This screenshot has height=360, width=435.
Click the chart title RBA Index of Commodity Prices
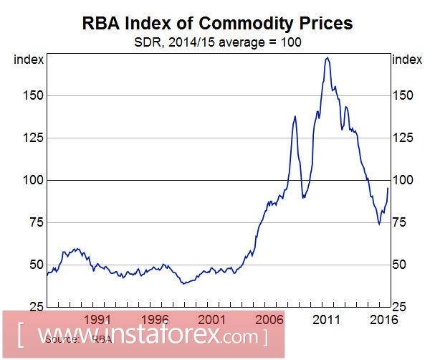click(217, 23)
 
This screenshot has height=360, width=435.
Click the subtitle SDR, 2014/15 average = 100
click(217, 42)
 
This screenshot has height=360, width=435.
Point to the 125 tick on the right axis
click(403, 138)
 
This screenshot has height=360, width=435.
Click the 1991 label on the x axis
click(97, 318)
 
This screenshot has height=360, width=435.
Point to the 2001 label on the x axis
click(211, 318)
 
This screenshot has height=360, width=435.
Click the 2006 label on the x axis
click(269, 318)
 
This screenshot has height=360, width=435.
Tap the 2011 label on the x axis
click(325, 318)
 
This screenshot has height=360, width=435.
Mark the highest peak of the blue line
click(328, 57)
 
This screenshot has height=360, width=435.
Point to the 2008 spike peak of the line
click(295, 116)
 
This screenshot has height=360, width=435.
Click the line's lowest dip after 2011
click(379, 224)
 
